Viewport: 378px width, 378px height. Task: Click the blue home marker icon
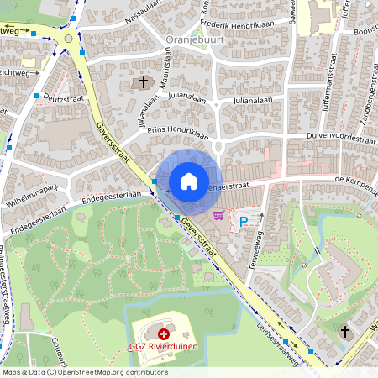pos(189,181)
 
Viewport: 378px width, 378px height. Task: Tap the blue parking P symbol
pos(244,222)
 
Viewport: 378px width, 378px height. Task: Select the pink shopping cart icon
pos(219,216)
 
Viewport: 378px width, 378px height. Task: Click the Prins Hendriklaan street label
pos(152,132)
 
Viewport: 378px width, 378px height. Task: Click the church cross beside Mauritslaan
pos(143,82)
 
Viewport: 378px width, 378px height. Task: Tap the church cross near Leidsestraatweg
pos(344,333)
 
